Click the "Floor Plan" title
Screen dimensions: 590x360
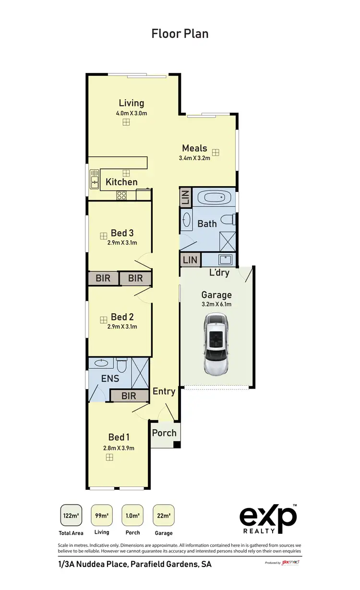[x=180, y=33]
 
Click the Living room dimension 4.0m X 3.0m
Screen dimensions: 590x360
[x=131, y=113]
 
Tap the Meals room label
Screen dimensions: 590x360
[x=194, y=148]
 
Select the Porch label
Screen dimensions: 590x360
[x=164, y=433]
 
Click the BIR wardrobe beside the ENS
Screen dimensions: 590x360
[x=129, y=396]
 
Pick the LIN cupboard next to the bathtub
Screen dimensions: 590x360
[x=185, y=198]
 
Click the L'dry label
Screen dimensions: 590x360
[x=219, y=273]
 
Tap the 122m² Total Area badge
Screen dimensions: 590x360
[x=71, y=516]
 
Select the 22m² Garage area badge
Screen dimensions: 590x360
[x=164, y=516]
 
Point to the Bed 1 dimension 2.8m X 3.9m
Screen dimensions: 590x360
[x=119, y=448]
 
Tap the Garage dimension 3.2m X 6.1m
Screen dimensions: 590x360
[x=216, y=304]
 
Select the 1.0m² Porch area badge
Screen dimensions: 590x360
[x=132, y=516]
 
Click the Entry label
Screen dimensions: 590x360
[x=164, y=391]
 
